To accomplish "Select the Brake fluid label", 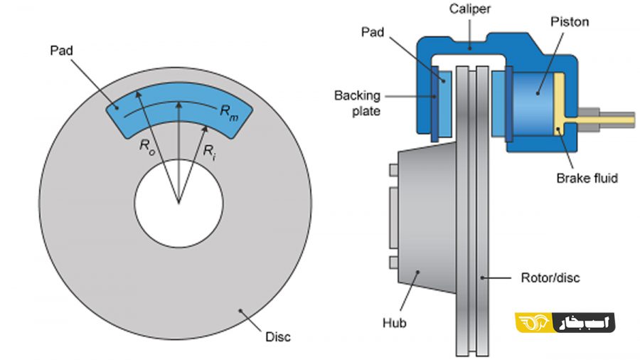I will pyautogui.click(x=587, y=178).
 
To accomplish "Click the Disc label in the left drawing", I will pyautogui.click(x=277, y=337).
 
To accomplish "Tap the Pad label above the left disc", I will pyautogui.click(x=60, y=51).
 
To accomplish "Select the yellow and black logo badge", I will pyautogui.click(x=565, y=322).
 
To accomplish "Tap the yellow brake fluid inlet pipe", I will pyautogui.click(x=604, y=116).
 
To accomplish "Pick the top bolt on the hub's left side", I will pyautogui.click(x=393, y=170).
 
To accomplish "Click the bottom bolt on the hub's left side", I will pyautogui.click(x=393, y=263).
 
